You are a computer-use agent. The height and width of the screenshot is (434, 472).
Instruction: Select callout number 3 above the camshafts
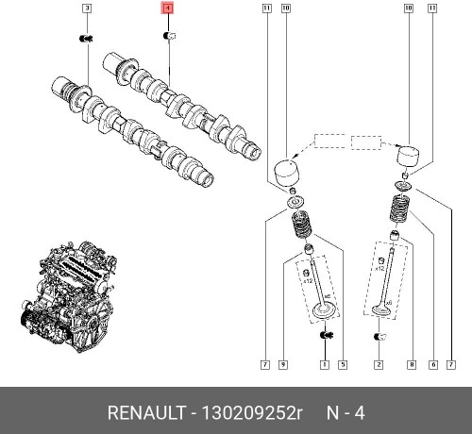(x=87, y=9)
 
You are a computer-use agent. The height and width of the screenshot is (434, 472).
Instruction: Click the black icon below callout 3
(x=87, y=38)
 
